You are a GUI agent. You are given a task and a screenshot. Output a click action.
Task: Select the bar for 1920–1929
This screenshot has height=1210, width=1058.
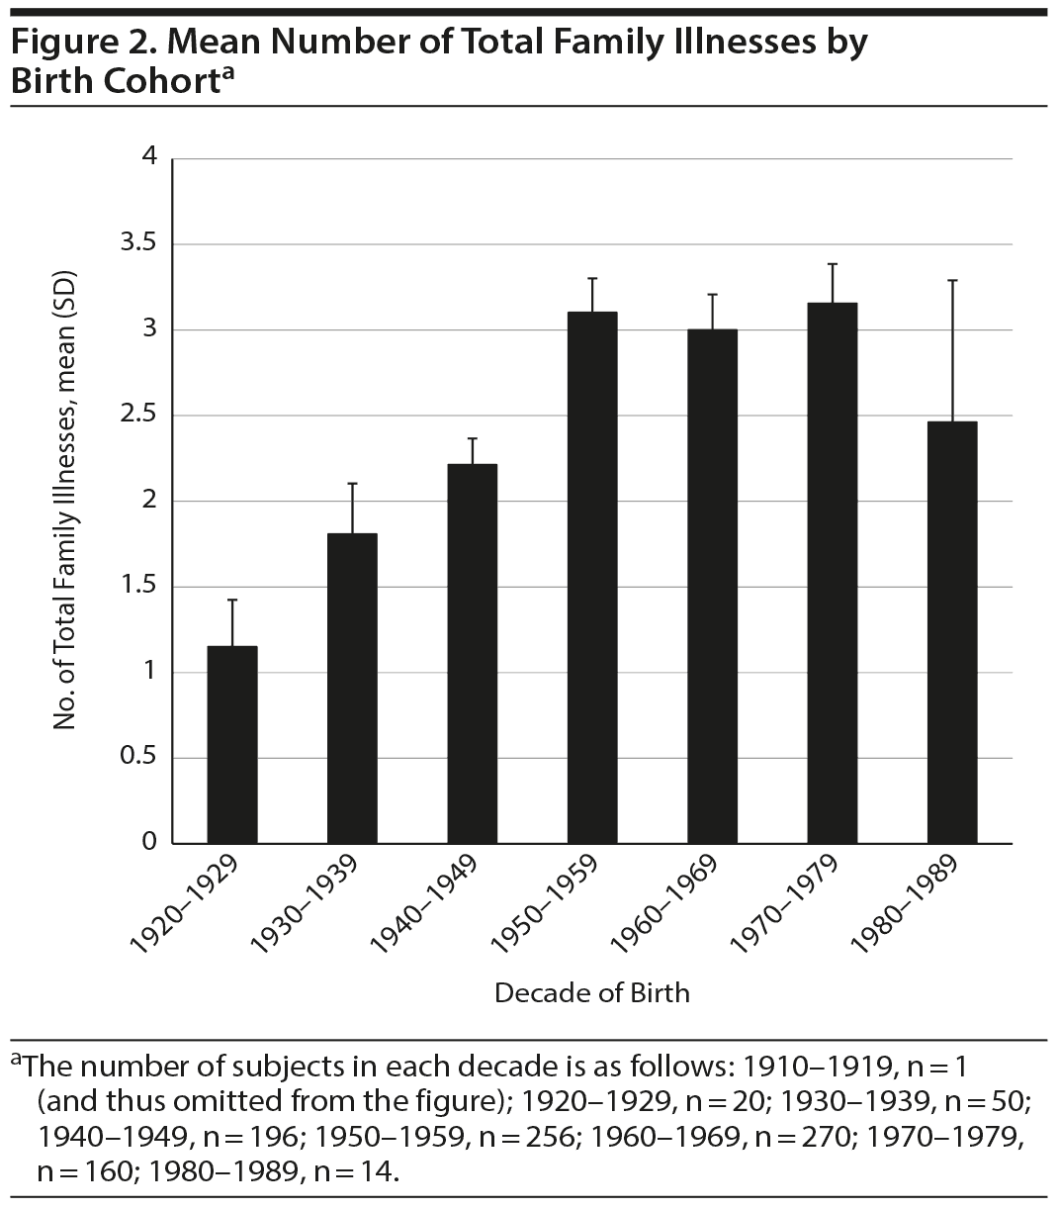(232, 744)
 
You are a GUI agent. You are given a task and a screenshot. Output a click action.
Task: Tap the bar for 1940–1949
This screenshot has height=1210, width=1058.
(473, 653)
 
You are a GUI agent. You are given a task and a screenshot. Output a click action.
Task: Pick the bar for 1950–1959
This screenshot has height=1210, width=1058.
(592, 577)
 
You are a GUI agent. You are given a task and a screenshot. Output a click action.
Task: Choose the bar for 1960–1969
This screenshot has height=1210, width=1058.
(712, 586)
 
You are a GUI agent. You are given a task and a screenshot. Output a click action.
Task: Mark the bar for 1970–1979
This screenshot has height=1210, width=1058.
(833, 573)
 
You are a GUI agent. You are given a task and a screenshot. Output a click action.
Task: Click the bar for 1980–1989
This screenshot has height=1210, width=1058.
(952, 632)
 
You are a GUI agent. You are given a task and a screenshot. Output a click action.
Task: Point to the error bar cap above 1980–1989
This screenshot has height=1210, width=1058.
(952, 281)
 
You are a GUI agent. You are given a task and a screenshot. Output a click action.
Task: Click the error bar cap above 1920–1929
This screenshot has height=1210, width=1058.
(232, 600)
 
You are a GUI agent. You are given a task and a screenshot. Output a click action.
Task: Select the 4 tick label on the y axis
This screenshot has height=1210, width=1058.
(149, 157)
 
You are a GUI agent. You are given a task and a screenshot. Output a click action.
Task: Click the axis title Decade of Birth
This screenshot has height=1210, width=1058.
(591, 992)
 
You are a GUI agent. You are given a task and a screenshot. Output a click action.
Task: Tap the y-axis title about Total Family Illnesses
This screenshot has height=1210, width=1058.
(65, 501)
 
